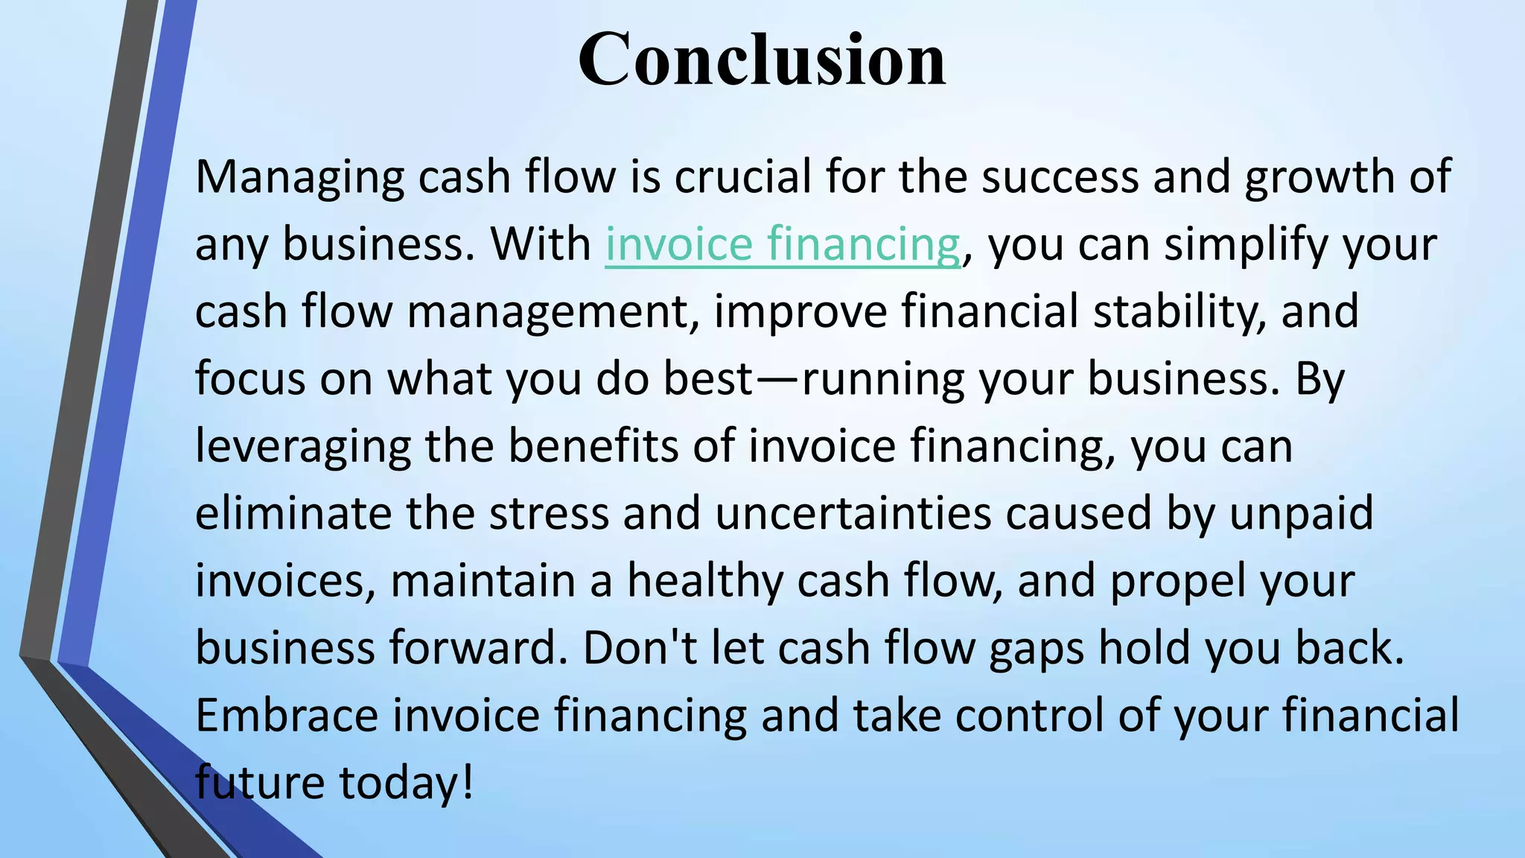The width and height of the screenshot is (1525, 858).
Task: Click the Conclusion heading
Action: click(x=762, y=60)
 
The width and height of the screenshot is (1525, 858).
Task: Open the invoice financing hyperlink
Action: click(x=782, y=244)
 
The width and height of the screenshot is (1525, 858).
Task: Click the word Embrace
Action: click(x=287, y=715)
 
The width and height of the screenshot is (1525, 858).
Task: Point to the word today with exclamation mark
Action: click(x=407, y=783)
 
